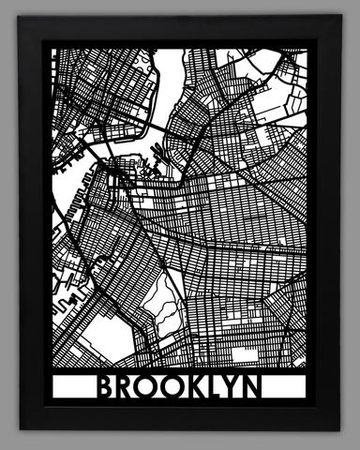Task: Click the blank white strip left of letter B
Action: click(x=75, y=387)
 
